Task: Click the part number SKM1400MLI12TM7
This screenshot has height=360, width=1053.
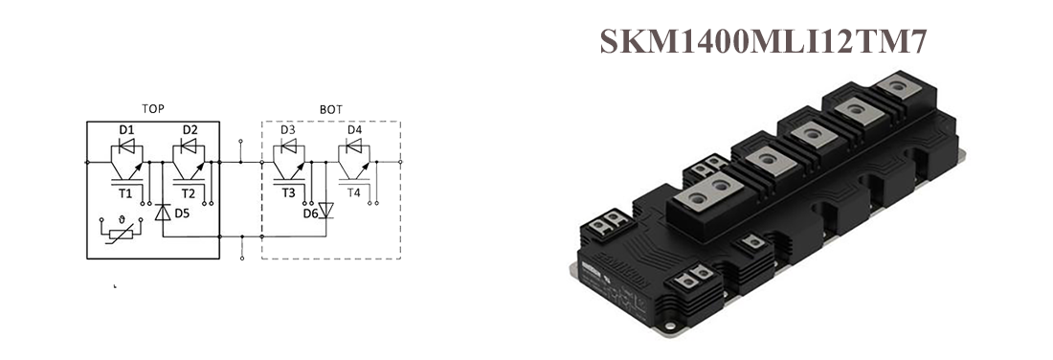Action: click(x=763, y=42)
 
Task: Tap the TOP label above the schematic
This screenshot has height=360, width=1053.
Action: click(x=153, y=109)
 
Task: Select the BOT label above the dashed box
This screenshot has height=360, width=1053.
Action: click(x=331, y=109)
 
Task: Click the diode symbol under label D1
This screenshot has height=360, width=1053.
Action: click(x=125, y=146)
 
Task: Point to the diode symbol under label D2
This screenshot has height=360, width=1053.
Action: click(x=189, y=146)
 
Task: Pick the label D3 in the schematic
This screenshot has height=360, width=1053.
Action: click(x=288, y=129)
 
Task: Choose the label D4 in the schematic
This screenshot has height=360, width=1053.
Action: click(x=354, y=129)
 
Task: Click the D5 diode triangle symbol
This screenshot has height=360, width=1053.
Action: click(x=163, y=213)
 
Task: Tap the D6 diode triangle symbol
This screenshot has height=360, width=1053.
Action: click(x=325, y=211)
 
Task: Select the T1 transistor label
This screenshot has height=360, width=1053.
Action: click(x=125, y=193)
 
